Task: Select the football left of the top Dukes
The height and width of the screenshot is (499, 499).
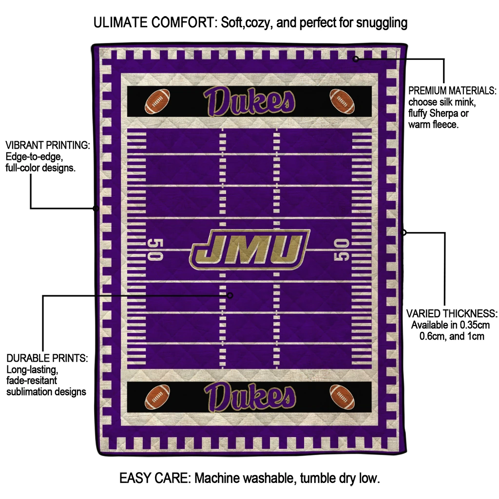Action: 157,101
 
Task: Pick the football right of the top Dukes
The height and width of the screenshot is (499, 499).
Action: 342,101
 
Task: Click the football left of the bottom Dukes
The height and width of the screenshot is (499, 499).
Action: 157,397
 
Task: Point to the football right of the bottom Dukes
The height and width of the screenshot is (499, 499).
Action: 342,397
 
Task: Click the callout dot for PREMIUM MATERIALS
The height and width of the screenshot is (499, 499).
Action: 356,59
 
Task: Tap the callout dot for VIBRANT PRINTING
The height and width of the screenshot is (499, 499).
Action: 96,209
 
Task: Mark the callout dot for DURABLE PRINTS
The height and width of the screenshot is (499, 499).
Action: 230,295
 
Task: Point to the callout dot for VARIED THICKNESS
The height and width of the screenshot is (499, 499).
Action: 403,232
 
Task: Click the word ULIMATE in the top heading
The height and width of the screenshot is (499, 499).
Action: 121,22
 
